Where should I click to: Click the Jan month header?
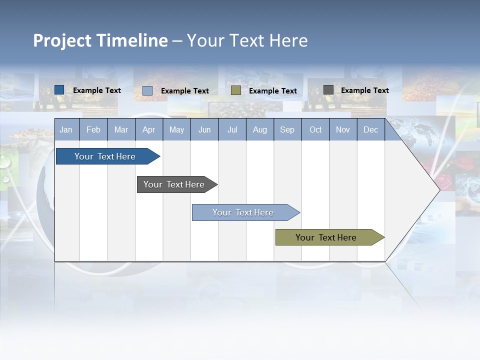[66, 129]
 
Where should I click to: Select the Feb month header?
[93, 129]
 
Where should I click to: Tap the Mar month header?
[121, 129]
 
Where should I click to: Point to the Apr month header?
[149, 129]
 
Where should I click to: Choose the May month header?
[176, 129]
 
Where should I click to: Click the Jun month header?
[204, 129]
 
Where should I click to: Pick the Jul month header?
[232, 129]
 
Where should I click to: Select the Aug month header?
[260, 129]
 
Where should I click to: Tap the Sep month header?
[287, 129]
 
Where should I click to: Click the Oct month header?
[315, 129]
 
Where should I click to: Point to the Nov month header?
[343, 129]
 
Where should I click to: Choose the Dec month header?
[371, 129]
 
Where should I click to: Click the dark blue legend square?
[59, 90]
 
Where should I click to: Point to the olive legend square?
[236, 90]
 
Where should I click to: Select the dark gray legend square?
[328, 90]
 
